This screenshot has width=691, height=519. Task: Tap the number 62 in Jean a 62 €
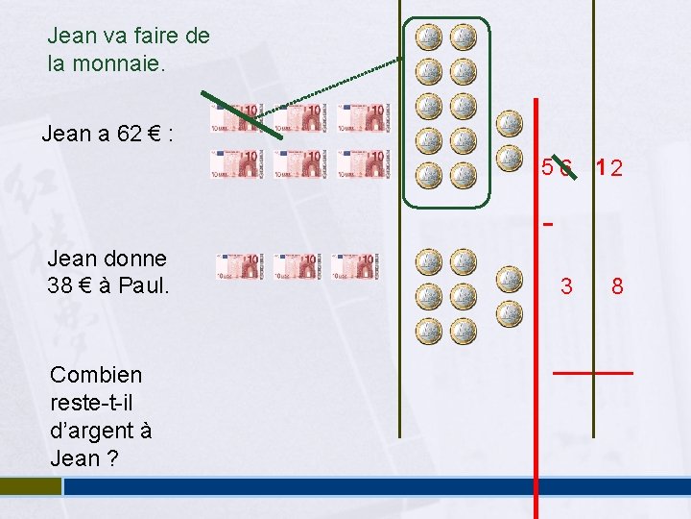tap(129, 134)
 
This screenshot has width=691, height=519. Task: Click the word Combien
tap(96, 375)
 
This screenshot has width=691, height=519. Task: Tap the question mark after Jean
tap(112, 458)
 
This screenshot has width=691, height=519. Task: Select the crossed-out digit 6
tap(566, 168)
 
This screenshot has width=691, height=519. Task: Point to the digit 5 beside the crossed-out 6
tap(546, 167)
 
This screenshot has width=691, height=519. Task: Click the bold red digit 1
tap(600, 168)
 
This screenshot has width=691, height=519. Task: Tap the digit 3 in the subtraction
tap(566, 286)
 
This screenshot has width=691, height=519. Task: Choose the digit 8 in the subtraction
tap(617, 286)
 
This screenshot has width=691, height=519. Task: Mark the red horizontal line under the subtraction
tap(593, 372)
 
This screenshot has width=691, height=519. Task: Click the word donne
tap(135, 258)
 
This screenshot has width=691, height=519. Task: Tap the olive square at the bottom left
tap(29, 486)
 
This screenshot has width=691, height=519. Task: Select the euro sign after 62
tap(153, 134)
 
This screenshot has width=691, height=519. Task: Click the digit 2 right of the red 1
tap(616, 169)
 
